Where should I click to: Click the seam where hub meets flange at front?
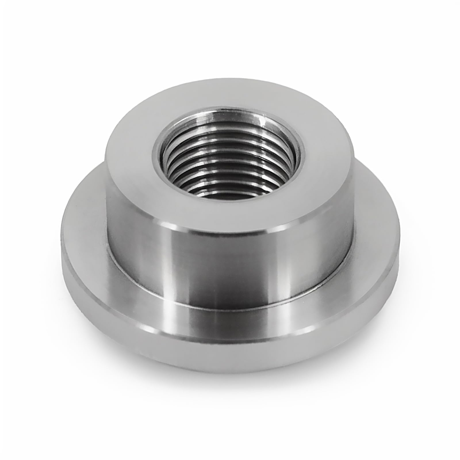point(230,303)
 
